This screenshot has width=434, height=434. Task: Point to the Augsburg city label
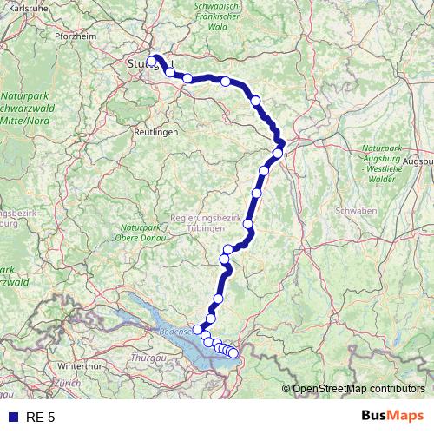[x=418, y=161]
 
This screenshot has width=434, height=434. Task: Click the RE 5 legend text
[x=41, y=418]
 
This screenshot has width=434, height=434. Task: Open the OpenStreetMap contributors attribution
[x=358, y=388]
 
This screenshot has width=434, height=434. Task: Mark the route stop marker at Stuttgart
[x=153, y=61]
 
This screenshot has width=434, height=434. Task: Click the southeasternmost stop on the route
[x=233, y=353]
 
